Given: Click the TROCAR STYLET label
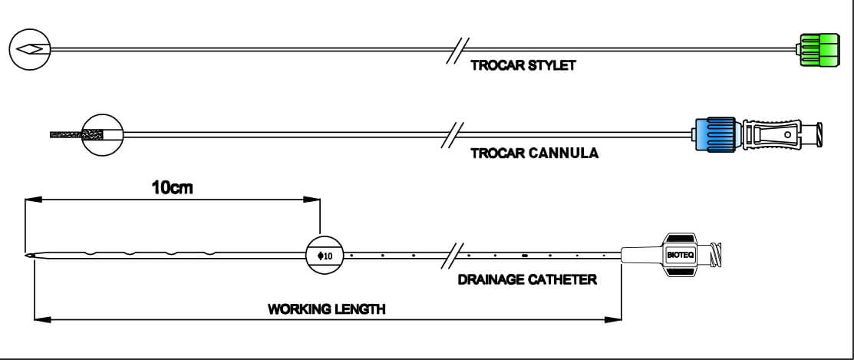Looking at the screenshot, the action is [523, 66].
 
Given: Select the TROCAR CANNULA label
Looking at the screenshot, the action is [534, 153].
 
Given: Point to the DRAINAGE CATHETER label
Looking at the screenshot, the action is [526, 280].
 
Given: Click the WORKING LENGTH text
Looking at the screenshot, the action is [326, 309].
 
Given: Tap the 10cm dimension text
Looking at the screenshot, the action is [172, 188].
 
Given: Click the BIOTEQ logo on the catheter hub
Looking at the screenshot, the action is [680, 254].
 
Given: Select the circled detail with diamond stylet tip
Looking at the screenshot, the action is [30, 49].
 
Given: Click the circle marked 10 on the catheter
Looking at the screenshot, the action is [325, 255].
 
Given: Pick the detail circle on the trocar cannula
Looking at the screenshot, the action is [103, 134].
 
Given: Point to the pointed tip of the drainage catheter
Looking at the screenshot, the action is [25, 255].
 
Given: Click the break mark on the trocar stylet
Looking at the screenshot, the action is [457, 51].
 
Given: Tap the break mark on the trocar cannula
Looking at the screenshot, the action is [452, 135].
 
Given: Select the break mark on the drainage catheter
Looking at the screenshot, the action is [452, 255].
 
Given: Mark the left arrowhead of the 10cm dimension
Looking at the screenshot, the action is [33, 200].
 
